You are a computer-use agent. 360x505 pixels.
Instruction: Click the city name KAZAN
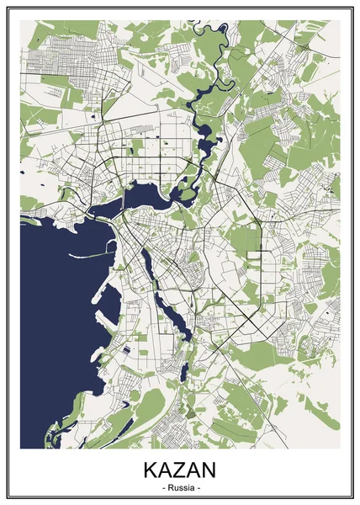(180, 470)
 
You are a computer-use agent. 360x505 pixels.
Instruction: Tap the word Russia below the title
(180, 487)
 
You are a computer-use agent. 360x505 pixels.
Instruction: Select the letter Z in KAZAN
(180, 470)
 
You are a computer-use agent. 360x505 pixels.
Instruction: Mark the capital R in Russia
(167, 487)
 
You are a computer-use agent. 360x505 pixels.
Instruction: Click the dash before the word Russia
(160, 487)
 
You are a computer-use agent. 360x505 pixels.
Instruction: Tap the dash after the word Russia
(199, 487)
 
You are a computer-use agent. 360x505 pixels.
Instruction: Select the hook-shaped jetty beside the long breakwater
(105, 290)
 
